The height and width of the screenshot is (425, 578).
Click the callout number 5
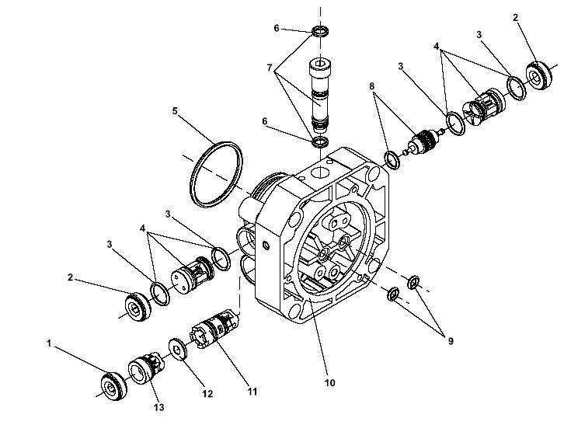pyautogui.click(x=175, y=111)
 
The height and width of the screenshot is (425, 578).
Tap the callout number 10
pyautogui.click(x=330, y=383)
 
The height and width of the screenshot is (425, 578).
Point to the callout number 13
pyautogui.click(x=159, y=407)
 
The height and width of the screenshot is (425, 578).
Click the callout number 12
pyautogui.click(x=207, y=394)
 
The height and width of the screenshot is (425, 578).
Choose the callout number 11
pyautogui.click(x=252, y=391)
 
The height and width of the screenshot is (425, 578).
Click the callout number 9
pyautogui.click(x=451, y=341)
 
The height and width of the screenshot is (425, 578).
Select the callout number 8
pyautogui.click(x=372, y=86)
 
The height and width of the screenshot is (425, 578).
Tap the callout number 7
pyautogui.click(x=270, y=68)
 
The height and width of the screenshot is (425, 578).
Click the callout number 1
pyautogui.click(x=49, y=343)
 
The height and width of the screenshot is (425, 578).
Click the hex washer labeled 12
pyautogui.click(x=178, y=349)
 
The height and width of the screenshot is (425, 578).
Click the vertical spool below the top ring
pyautogui.click(x=320, y=95)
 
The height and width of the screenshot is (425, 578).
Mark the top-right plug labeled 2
pyautogui.click(x=538, y=75)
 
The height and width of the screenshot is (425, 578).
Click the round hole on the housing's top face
pyautogui.click(x=321, y=172)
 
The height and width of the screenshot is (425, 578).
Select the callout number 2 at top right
pyautogui.click(x=515, y=17)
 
